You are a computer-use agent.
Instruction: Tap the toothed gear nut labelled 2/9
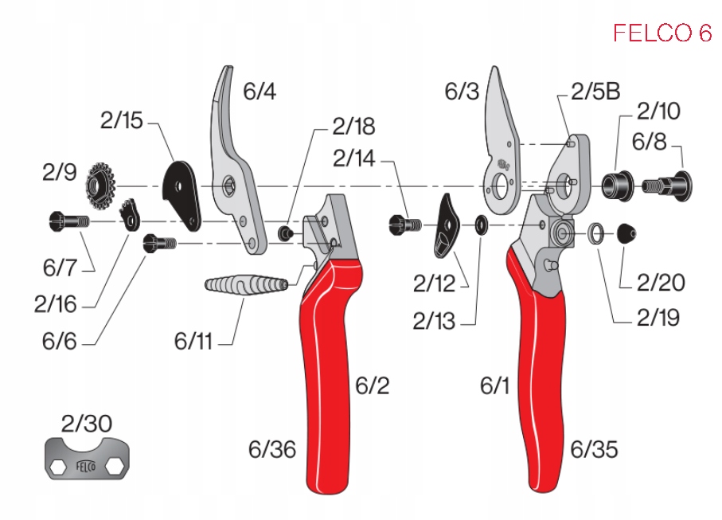coord(101,185)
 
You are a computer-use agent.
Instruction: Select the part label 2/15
coord(121,121)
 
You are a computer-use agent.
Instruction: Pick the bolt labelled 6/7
coord(64,220)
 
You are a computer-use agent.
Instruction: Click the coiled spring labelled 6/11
coord(246,284)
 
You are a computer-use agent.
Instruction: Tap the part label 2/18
coord(353,126)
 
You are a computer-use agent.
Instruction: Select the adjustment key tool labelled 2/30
coord(87,459)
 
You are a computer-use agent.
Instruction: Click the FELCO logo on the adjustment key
coord(85,467)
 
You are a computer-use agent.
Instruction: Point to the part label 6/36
coord(271,450)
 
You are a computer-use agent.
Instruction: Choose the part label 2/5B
coord(595,92)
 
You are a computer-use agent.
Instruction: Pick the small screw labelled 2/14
coord(404,225)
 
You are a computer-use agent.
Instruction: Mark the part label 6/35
coord(594,450)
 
